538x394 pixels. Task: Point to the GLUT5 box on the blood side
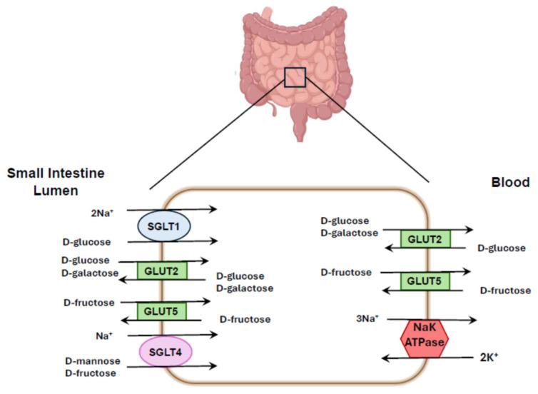[x=425, y=281]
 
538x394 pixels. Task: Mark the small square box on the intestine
[x=295, y=76]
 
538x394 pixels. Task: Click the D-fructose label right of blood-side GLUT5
[x=504, y=290]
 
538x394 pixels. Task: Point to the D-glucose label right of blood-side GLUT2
[x=502, y=248]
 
